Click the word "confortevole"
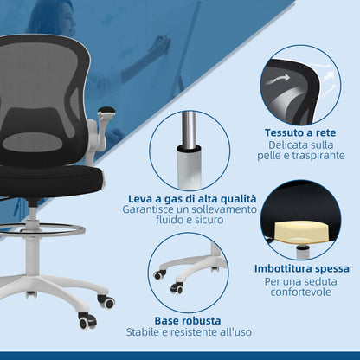pyautogui.click(x=297, y=292)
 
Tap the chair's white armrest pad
pyautogui.click(x=106, y=112)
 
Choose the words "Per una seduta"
pyautogui.click(x=297, y=281)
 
